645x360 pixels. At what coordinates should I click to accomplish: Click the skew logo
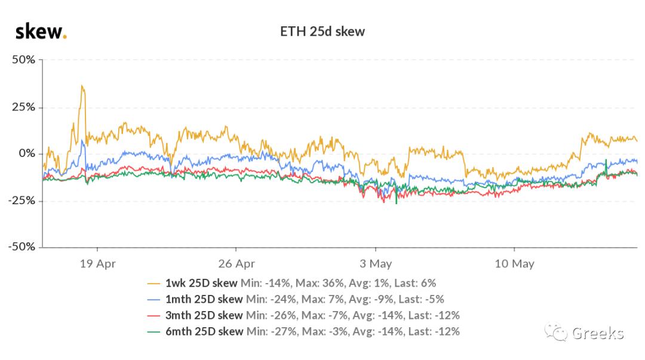[x=41, y=31]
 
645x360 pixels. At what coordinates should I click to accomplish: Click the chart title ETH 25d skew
[x=322, y=31]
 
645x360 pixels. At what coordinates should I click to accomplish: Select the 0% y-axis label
[x=27, y=154]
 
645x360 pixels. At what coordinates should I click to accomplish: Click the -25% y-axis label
[x=21, y=201]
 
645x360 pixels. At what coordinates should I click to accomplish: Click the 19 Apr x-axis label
[x=97, y=263]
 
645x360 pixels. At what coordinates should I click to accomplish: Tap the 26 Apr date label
[x=236, y=263]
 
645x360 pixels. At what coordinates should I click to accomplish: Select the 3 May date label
[x=376, y=263]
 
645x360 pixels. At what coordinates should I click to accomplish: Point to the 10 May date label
[x=515, y=263]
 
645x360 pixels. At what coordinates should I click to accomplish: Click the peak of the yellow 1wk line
[x=82, y=87]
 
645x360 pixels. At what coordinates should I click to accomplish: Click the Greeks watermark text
[x=598, y=333]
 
